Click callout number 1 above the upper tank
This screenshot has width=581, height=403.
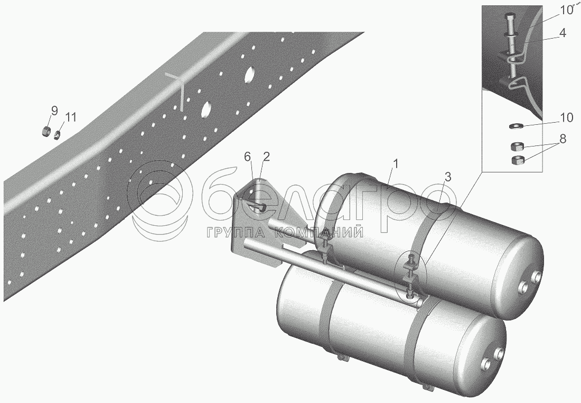396,164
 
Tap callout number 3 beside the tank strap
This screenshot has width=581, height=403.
447,177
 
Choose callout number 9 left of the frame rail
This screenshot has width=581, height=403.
54,111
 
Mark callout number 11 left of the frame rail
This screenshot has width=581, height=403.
71,116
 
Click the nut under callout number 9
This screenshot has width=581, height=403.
46,131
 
